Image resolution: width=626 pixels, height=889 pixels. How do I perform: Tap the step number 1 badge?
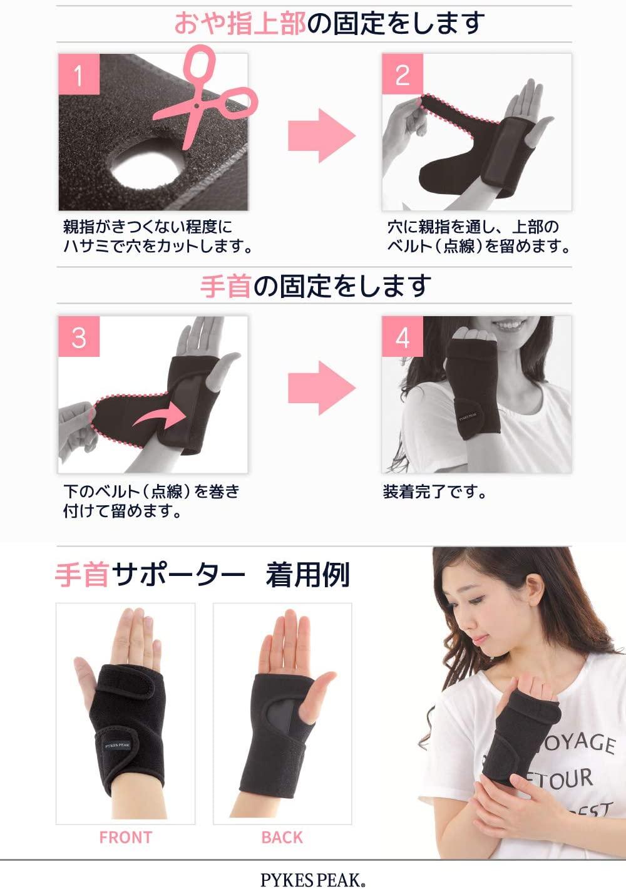pyautogui.click(x=79, y=74)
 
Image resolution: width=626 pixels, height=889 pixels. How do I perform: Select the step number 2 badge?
pyautogui.click(x=403, y=74)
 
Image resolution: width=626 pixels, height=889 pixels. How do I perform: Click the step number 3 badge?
pyautogui.click(x=79, y=336)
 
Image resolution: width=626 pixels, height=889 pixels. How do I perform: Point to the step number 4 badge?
pyautogui.click(x=403, y=336)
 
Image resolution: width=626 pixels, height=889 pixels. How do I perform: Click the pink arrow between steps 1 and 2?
pyautogui.click(x=322, y=136)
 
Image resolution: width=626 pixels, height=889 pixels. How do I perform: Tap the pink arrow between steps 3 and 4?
pyautogui.click(x=322, y=388)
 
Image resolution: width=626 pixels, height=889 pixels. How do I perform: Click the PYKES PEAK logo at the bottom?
pyautogui.click(x=313, y=880)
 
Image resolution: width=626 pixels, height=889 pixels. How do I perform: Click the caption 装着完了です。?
pyautogui.click(x=434, y=492)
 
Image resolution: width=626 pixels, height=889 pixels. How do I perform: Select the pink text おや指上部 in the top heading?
pyautogui.click(x=240, y=23)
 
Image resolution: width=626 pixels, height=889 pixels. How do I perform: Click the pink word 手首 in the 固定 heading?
pyautogui.click(x=225, y=286)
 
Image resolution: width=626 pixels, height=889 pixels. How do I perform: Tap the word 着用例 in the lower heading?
pyautogui.click(x=307, y=575)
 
